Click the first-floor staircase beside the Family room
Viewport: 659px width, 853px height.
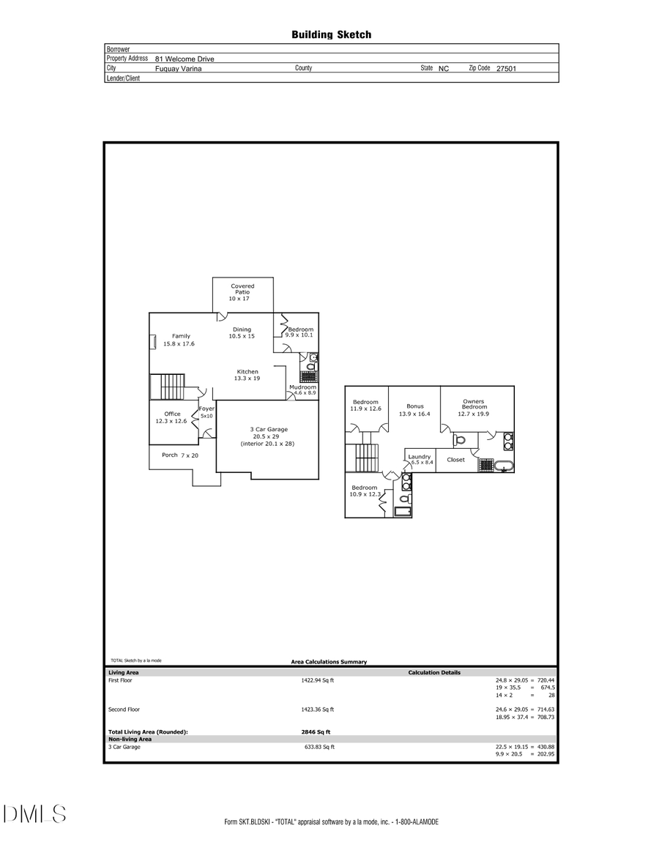coord(164,385)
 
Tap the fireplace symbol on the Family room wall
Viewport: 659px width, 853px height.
coord(152,343)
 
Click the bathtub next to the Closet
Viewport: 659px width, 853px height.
coord(504,465)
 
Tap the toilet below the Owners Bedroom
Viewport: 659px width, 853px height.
coord(459,440)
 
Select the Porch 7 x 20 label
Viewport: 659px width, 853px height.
coord(180,455)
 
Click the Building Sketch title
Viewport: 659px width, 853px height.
coord(331,34)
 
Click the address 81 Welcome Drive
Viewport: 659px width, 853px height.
coord(185,59)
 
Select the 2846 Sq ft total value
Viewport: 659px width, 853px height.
coord(311,731)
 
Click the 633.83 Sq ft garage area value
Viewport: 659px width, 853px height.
coord(319,747)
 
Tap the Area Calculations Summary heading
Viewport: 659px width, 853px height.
coord(329,662)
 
